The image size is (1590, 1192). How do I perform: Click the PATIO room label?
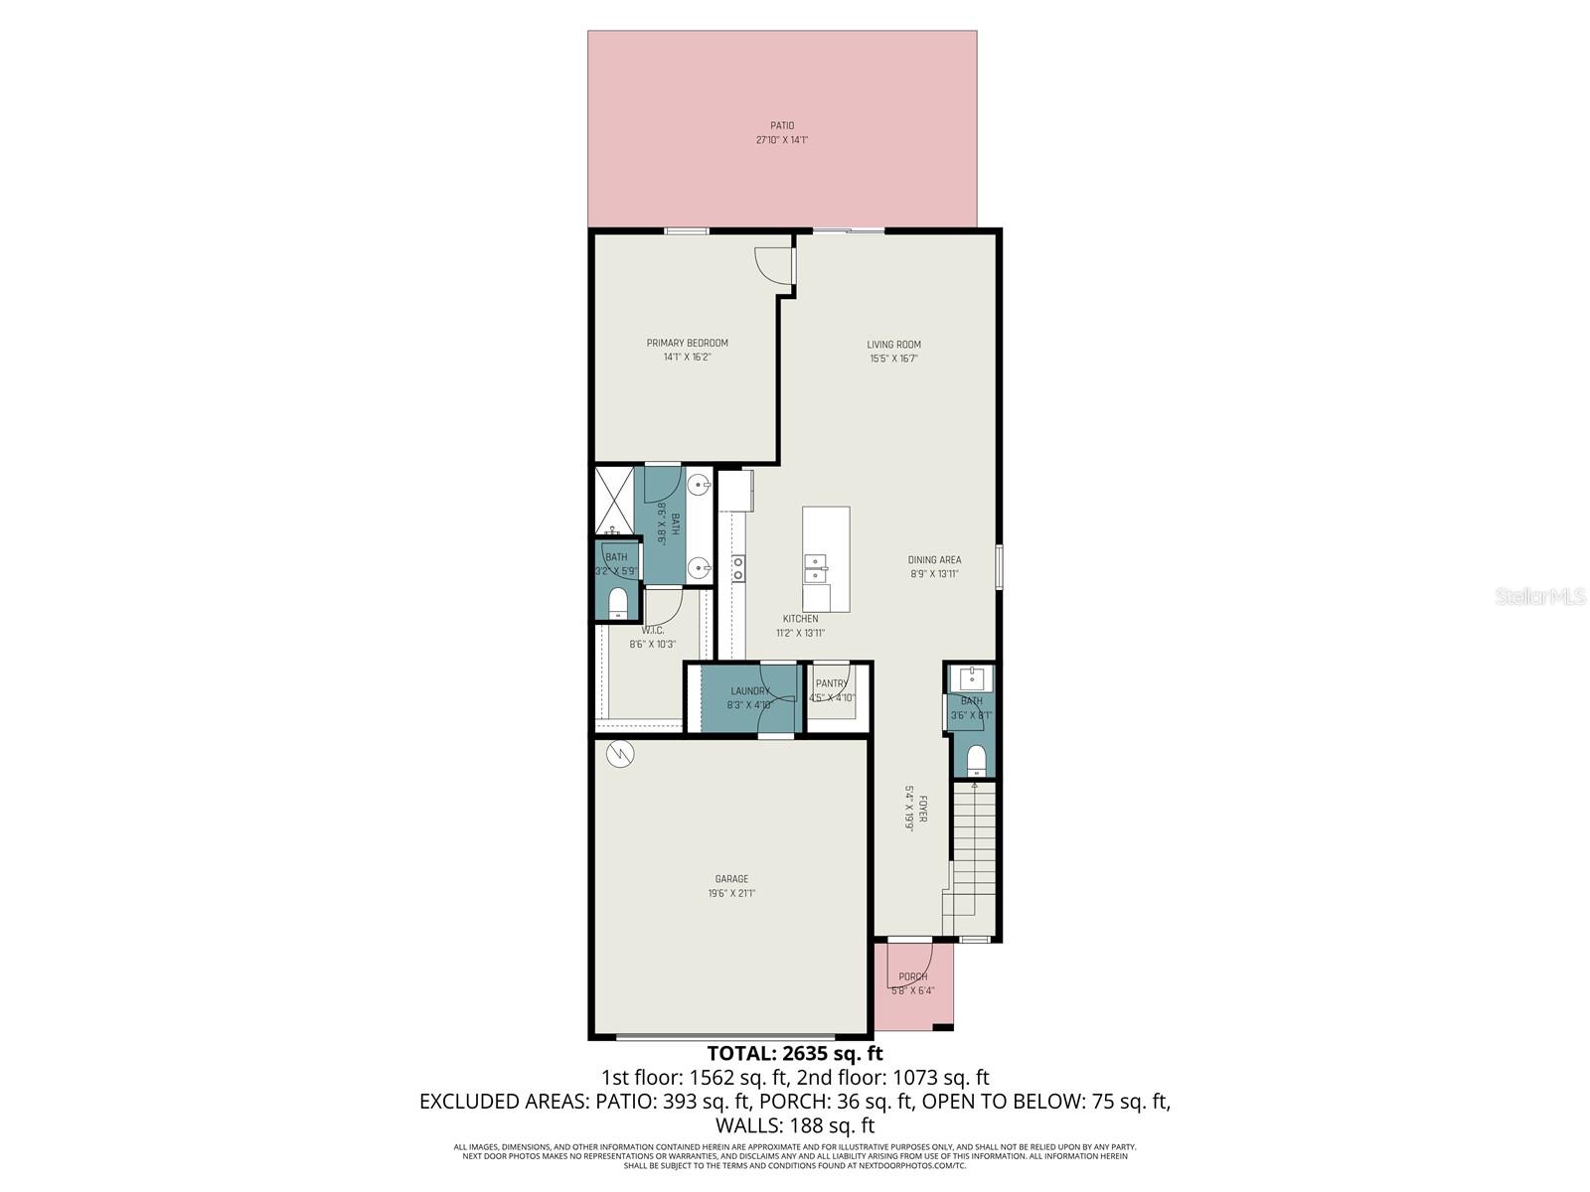[782, 126]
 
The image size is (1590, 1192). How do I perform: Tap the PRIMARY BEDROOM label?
[687, 344]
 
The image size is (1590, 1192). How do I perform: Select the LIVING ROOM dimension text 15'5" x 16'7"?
[893, 359]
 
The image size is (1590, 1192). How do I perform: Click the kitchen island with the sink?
[826, 558]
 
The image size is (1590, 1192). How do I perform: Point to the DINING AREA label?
[934, 560]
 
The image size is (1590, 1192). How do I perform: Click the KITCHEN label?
[800, 619]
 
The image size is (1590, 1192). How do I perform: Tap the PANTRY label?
[832, 683]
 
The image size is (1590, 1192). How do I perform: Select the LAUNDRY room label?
[749, 691]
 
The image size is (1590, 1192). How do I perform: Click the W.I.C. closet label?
[652, 630]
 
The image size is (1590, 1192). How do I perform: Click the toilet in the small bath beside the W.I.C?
[617, 602]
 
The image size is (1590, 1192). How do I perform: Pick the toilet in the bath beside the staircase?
[975, 760]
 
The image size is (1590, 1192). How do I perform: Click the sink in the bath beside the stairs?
[971, 679]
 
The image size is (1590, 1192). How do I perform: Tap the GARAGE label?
[731, 879]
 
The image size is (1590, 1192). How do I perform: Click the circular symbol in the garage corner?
[619, 755]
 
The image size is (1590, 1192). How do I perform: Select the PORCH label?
[912, 977]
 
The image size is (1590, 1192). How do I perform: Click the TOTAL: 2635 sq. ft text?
[794, 1053]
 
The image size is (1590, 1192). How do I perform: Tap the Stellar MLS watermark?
[1544, 596]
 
